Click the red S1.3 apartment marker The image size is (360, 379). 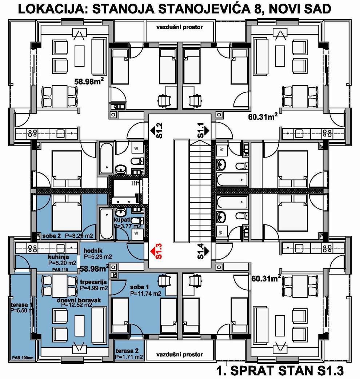(156, 251)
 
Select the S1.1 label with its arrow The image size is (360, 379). (203, 131)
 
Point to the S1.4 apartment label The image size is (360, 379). (203, 251)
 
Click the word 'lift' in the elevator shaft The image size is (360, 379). (136, 183)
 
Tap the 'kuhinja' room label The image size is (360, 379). (58, 257)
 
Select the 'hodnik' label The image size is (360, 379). (93, 251)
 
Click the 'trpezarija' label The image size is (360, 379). (93, 282)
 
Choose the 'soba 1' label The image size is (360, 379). (139, 287)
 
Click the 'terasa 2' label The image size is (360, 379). (127, 351)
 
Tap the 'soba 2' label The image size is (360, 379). (52, 236)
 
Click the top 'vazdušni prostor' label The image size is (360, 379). (179, 27)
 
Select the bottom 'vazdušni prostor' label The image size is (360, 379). (179, 355)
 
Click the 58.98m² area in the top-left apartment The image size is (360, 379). (89, 81)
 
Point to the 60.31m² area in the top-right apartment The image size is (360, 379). (263, 117)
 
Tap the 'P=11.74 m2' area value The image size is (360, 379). (146, 294)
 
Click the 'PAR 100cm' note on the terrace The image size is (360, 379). (23, 358)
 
